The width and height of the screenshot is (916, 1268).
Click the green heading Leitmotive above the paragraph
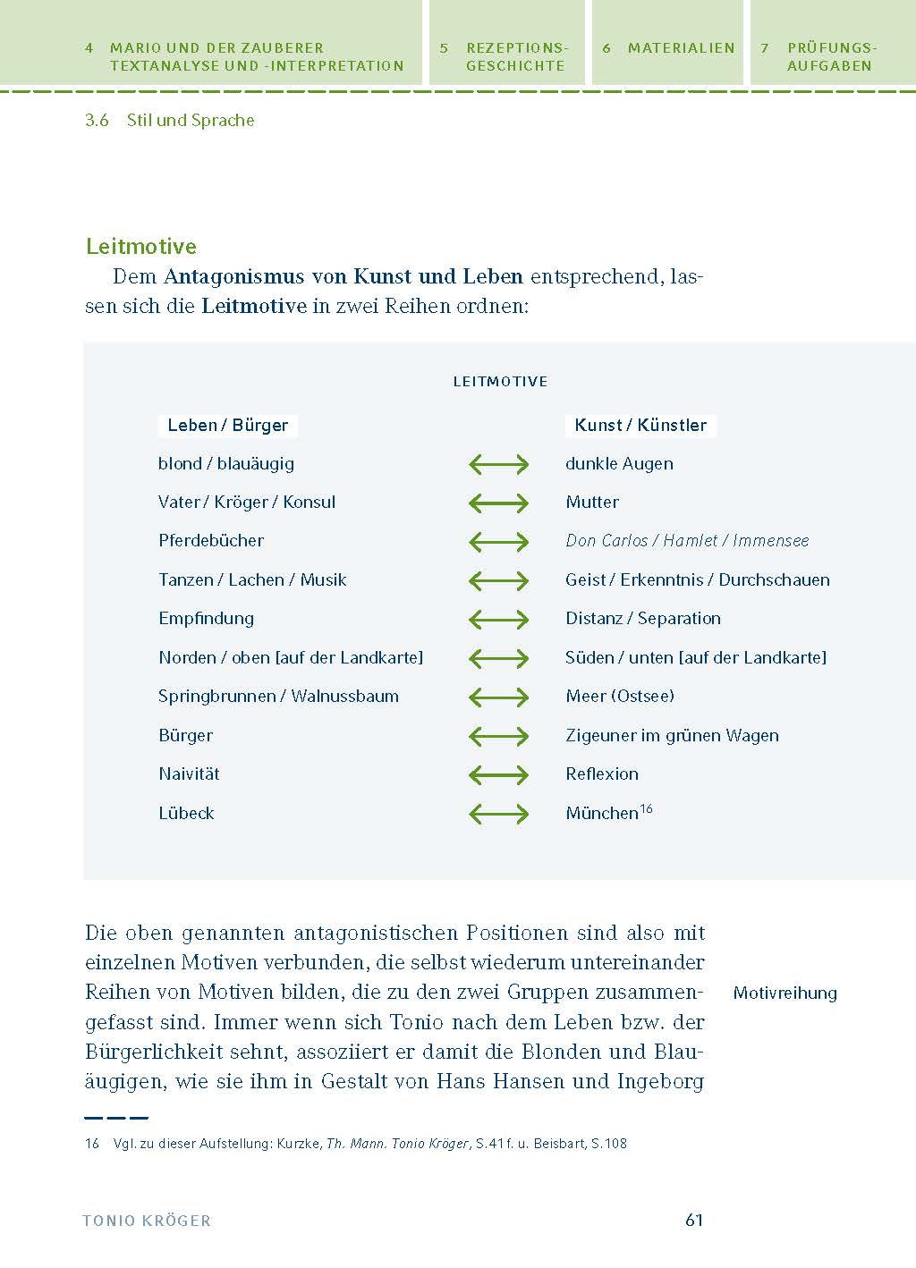tap(141, 247)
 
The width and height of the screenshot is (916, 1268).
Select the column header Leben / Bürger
tap(227, 426)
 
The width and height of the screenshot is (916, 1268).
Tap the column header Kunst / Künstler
tap(640, 426)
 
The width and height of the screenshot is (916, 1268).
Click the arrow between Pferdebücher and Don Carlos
tap(499, 542)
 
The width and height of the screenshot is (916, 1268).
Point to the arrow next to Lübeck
tap(499, 814)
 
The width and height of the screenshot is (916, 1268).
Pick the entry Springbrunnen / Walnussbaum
tap(278, 697)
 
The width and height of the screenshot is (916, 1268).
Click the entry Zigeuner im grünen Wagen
tap(672, 736)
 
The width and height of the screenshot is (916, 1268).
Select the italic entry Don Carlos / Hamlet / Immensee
tap(687, 541)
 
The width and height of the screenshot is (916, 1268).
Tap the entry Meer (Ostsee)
tap(620, 697)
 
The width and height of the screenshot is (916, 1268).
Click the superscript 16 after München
tap(647, 808)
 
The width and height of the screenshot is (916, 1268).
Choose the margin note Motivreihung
tap(785, 993)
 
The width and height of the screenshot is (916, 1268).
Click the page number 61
tap(694, 1220)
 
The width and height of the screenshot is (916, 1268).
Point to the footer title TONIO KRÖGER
tap(147, 1221)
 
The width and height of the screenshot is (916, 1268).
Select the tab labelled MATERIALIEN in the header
tap(681, 48)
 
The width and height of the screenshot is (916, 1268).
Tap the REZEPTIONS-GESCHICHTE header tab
tap(516, 56)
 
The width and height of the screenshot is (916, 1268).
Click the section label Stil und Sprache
tap(190, 121)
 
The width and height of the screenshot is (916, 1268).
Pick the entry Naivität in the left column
tap(189, 774)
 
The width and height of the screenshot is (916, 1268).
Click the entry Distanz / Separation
tap(643, 619)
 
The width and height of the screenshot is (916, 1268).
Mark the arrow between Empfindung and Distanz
tap(499, 620)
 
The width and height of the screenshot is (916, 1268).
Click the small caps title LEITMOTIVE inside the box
tap(500, 382)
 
